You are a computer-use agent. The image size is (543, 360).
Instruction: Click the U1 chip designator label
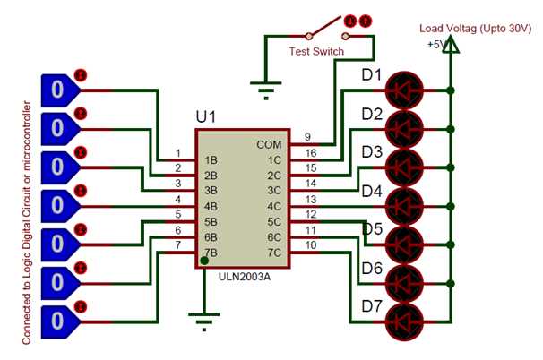[206, 118]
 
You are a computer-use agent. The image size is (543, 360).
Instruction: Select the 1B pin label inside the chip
[211, 160]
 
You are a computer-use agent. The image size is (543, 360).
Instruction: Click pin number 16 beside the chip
[310, 154]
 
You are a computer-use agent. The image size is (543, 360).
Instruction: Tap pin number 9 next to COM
[309, 138]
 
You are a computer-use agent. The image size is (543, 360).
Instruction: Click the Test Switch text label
[315, 52]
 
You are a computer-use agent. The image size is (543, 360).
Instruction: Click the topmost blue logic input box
[56, 90]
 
